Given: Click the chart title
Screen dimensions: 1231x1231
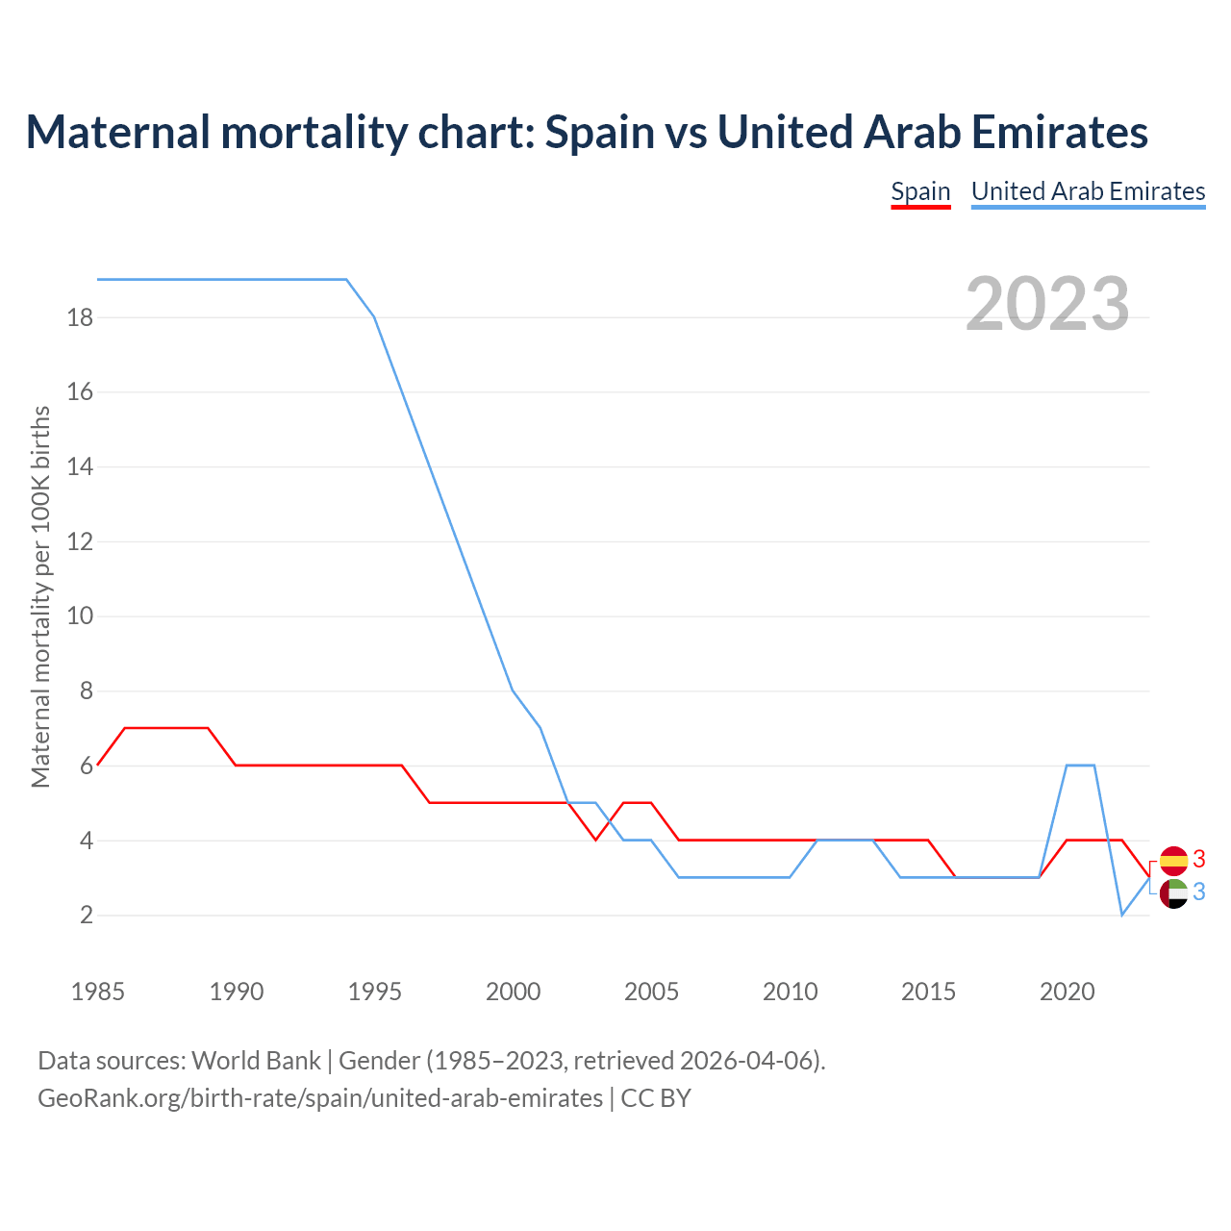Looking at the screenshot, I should pos(587,132).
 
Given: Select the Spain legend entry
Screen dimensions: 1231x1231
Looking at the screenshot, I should pos(920,191).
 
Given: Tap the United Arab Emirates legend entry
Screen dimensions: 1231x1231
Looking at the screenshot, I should pos(1088,191).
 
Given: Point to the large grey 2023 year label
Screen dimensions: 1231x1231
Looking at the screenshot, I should pos(1047,304).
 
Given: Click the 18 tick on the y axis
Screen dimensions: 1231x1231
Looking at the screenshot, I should pos(80,317).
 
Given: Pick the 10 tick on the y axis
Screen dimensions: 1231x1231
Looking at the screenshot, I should pos(80,616).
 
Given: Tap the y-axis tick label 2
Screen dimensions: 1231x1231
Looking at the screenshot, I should pos(87,916).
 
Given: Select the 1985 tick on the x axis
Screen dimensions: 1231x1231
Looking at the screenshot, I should pos(98,992).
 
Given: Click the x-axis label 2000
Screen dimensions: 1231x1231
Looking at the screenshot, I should pos(513,992).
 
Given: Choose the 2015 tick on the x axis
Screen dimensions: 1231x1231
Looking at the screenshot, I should pos(928,992).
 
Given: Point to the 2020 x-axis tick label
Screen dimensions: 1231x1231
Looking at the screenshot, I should pos(1067,992).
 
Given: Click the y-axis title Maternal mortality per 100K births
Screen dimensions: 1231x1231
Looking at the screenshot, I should pos(40,596).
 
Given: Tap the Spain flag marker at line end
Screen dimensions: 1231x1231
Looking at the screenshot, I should pos(1173,861).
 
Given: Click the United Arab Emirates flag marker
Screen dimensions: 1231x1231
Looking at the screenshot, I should pos(1173,893).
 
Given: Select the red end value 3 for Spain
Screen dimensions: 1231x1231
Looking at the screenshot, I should pos(1199,860).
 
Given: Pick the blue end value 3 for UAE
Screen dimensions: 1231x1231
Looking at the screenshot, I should pos(1199,892).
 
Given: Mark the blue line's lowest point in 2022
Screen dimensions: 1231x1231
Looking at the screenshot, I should pos(1121,915).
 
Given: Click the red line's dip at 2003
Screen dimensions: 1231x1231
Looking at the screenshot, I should pos(596,840).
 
